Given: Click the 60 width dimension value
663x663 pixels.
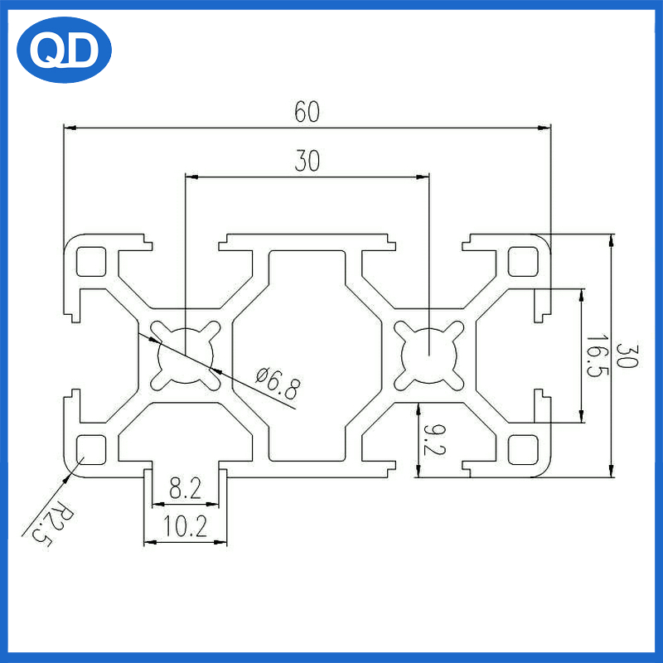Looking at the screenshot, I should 306,112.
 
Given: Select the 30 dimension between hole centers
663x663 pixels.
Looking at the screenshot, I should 307,162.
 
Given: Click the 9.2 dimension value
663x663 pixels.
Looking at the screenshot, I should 432,439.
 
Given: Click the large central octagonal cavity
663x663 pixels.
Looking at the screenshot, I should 307,355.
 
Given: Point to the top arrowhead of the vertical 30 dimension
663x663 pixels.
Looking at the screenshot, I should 612,240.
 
